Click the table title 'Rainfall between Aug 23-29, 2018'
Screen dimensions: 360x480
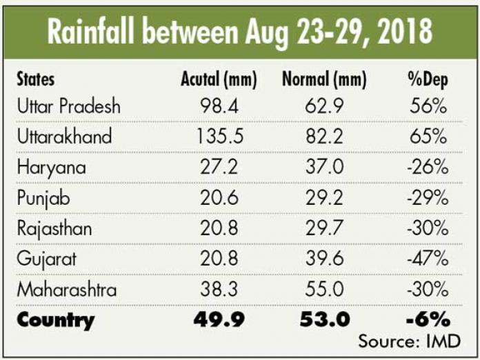point(239,31)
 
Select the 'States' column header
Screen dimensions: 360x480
point(36,80)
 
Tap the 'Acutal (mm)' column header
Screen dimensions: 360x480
point(214,80)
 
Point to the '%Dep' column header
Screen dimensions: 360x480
point(428,80)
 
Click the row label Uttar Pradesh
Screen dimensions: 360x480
point(68,106)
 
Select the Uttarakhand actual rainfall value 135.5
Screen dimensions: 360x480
point(214,137)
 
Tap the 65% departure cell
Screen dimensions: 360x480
point(428,137)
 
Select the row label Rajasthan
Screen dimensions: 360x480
point(54,228)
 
